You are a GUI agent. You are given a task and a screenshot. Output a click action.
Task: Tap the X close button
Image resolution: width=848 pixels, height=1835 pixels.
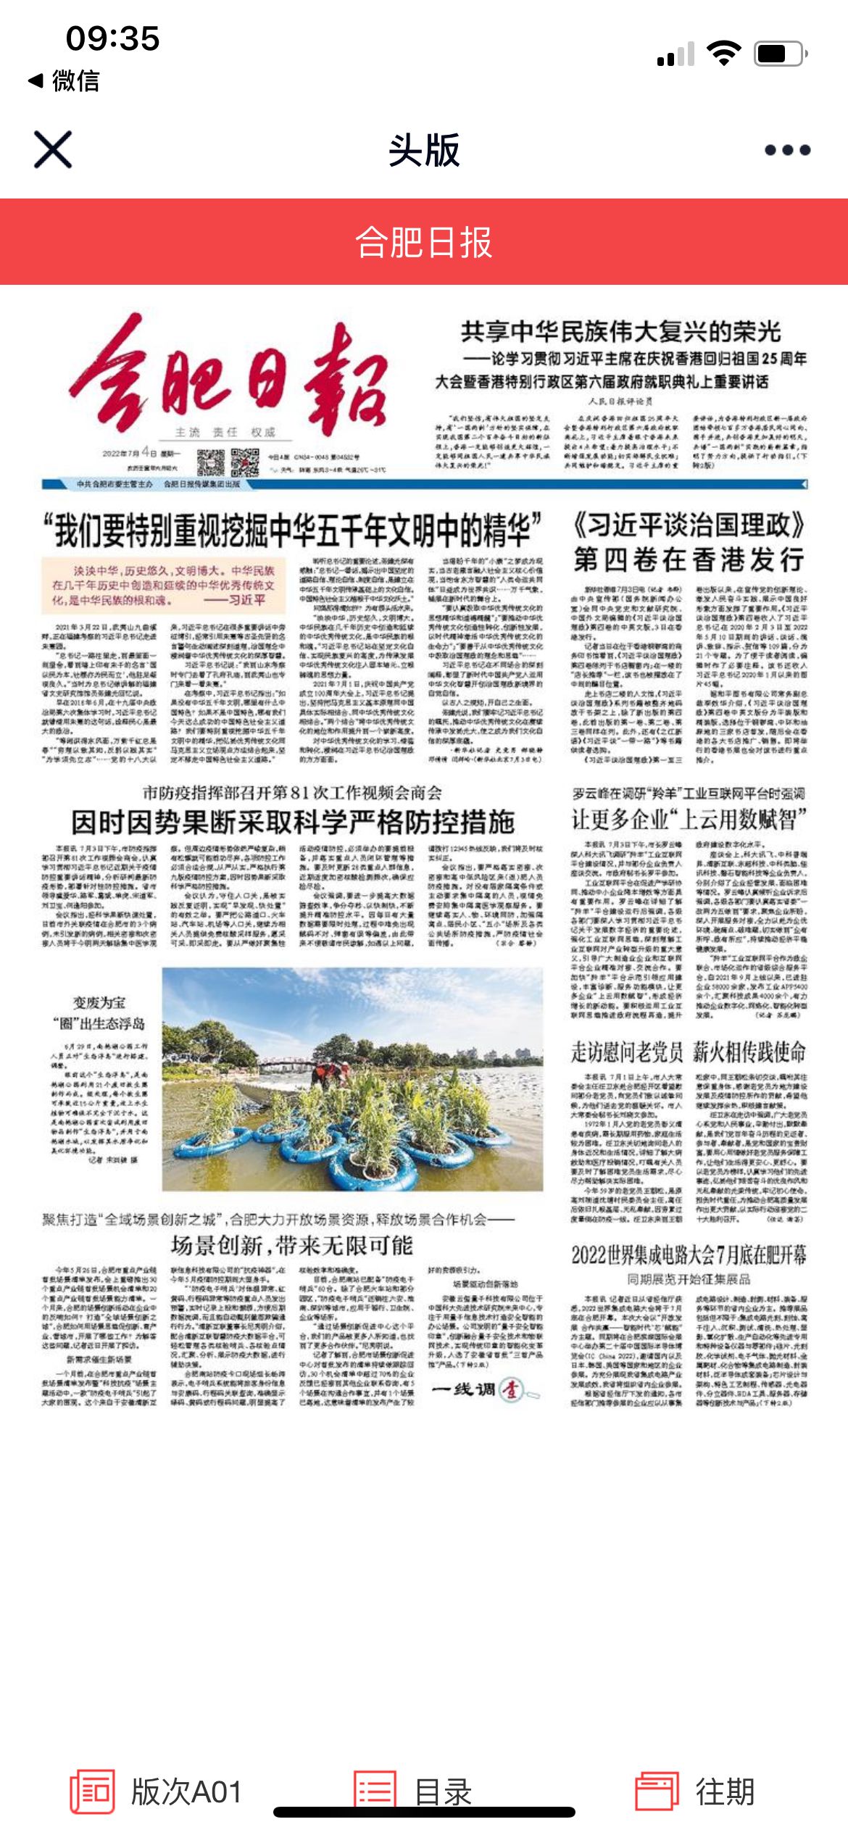coord(53,150)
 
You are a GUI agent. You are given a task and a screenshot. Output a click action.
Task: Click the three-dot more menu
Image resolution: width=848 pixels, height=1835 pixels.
coord(787,150)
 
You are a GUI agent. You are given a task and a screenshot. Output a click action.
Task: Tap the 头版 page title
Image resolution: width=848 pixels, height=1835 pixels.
coord(424,150)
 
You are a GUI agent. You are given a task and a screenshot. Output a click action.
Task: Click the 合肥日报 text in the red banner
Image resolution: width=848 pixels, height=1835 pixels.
coord(424,242)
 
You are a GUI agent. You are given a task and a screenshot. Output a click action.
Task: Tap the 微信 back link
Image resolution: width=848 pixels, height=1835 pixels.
coord(64,80)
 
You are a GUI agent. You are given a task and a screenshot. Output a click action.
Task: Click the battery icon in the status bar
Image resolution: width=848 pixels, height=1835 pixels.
coord(778,54)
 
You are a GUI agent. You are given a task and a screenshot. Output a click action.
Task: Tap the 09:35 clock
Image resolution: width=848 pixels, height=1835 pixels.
coord(112,38)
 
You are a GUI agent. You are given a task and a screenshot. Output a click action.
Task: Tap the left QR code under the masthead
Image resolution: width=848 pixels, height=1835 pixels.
coord(211,461)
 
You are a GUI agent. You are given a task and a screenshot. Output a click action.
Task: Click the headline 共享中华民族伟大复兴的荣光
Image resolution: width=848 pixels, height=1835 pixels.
coord(621,332)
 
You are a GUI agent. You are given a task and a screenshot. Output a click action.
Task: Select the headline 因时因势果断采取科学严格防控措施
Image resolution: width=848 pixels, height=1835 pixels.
coord(293,822)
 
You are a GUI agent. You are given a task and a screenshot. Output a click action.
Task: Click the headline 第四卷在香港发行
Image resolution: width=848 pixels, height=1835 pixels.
coord(689,559)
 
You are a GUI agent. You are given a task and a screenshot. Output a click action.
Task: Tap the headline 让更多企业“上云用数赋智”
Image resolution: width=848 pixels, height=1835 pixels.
coord(689,820)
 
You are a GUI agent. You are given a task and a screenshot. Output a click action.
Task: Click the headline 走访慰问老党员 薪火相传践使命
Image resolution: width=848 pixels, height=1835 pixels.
coord(689,1051)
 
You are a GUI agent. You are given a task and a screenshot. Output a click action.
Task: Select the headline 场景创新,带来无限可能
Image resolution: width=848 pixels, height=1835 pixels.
coord(292,1246)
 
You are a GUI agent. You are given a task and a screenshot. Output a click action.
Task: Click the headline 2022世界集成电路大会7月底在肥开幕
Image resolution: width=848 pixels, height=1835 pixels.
coord(689,1254)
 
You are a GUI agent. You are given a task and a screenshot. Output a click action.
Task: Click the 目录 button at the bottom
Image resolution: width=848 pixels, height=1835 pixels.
coord(413,1792)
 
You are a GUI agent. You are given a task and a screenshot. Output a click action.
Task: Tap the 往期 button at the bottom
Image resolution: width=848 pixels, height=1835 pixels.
coord(695,1792)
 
